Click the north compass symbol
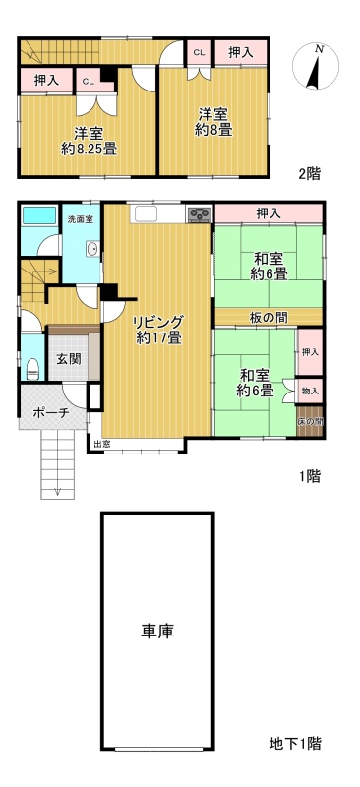[316, 66]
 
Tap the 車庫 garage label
[157, 631]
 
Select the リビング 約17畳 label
[158, 330]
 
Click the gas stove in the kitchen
[200, 214]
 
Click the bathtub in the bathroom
[39, 214]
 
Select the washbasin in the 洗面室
[92, 249]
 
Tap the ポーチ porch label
[52, 413]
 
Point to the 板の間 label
[269, 317]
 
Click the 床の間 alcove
[310, 422]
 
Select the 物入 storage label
[310, 390]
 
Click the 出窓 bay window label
[99, 444]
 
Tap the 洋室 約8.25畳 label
[90, 141]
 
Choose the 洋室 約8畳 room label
[213, 122]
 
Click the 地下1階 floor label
[295, 743]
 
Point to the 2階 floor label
[309, 174]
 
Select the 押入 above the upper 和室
[269, 213]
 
